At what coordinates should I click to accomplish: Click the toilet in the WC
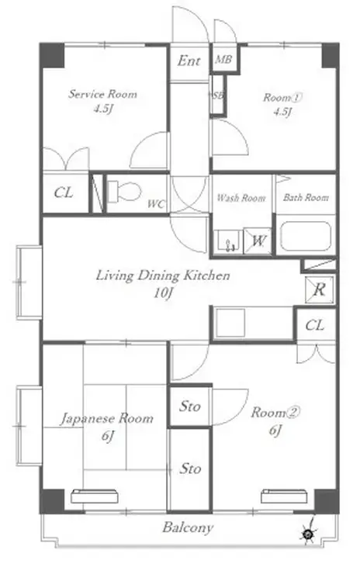pos(124,192)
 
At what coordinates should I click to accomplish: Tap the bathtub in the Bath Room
pos(306,237)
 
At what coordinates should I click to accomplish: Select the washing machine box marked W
pos(258,240)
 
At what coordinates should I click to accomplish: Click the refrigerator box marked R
pos(319,289)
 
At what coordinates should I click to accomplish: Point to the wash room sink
pos(227,241)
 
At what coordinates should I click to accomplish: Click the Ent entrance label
pos(189,61)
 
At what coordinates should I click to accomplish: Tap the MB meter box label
pos(223,59)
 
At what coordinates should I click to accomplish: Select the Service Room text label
pos(103,94)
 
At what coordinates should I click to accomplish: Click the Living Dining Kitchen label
pos(163,275)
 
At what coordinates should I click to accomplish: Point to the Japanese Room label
pos(107,418)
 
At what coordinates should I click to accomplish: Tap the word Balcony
pos(188,527)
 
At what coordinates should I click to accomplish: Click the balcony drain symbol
pos(307,535)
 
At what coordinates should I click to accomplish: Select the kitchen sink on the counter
pos(230,323)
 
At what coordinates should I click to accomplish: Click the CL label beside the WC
pos(64,192)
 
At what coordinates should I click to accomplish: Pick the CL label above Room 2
pos(314,325)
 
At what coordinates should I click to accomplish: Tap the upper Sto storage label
pos(190,406)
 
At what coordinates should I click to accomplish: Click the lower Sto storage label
pos(190,469)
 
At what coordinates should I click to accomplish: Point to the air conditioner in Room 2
pos(283,496)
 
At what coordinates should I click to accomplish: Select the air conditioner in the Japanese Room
pos(95,496)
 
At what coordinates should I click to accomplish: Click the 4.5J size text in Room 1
pos(282,111)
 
